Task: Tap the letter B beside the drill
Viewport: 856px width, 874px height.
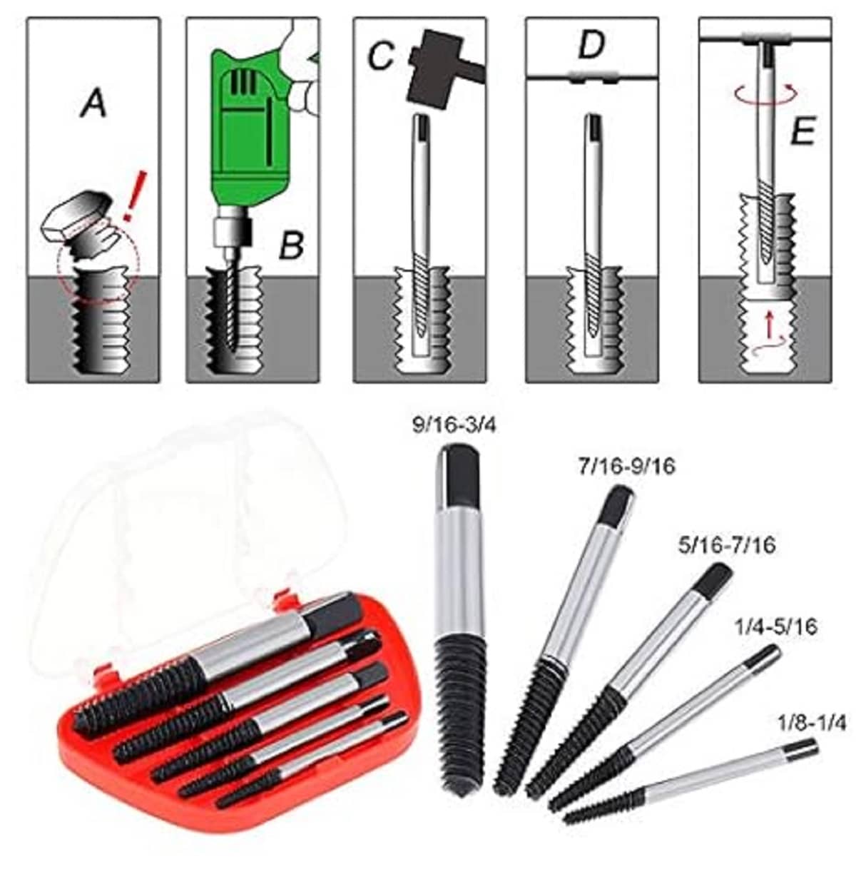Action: click(291, 245)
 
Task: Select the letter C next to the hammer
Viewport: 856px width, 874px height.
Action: click(380, 56)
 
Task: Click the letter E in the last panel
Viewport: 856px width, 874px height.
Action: click(802, 131)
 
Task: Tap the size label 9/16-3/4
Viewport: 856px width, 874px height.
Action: click(452, 426)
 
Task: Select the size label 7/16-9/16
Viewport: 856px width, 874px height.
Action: click(626, 466)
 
